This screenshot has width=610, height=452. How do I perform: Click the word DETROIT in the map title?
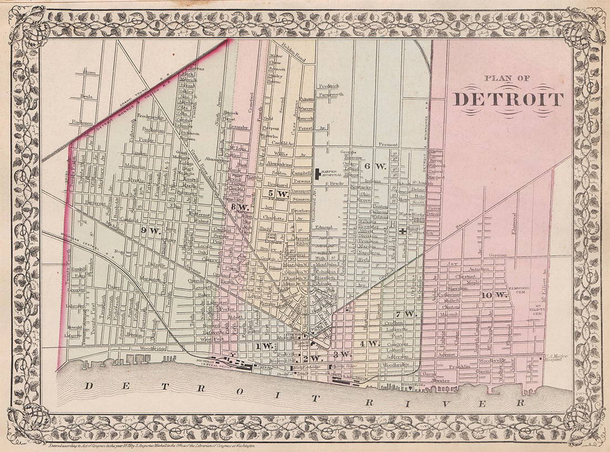(508, 99)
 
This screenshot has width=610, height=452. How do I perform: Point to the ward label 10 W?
(494, 295)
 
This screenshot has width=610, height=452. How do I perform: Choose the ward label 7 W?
(405, 314)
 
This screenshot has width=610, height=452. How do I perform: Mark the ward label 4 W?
(370, 343)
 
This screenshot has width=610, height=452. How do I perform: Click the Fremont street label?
(389, 144)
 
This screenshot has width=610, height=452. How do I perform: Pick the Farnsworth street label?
(331, 95)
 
